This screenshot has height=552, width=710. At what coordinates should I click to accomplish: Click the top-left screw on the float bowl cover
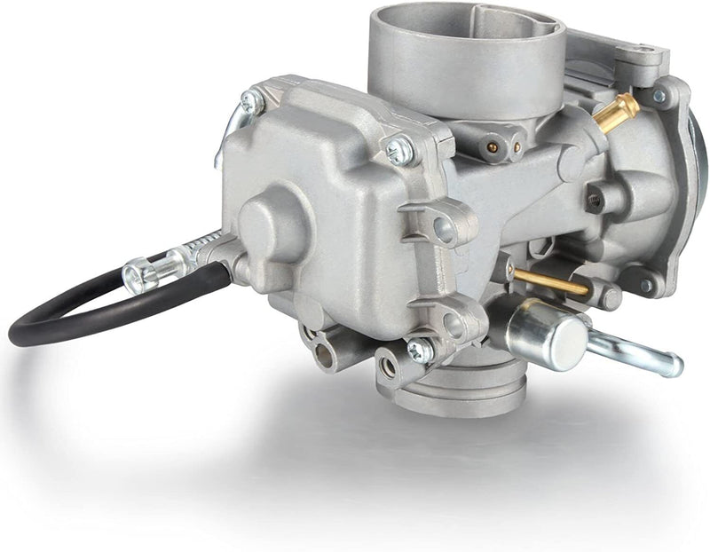point(252,102)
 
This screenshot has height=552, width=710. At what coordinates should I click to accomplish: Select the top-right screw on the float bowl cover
point(401,151)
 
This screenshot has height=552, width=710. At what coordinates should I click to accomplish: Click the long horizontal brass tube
point(550,282)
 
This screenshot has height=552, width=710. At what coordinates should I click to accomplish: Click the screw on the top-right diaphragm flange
point(659,95)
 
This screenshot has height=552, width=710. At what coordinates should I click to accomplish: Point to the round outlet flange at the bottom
point(461,386)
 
